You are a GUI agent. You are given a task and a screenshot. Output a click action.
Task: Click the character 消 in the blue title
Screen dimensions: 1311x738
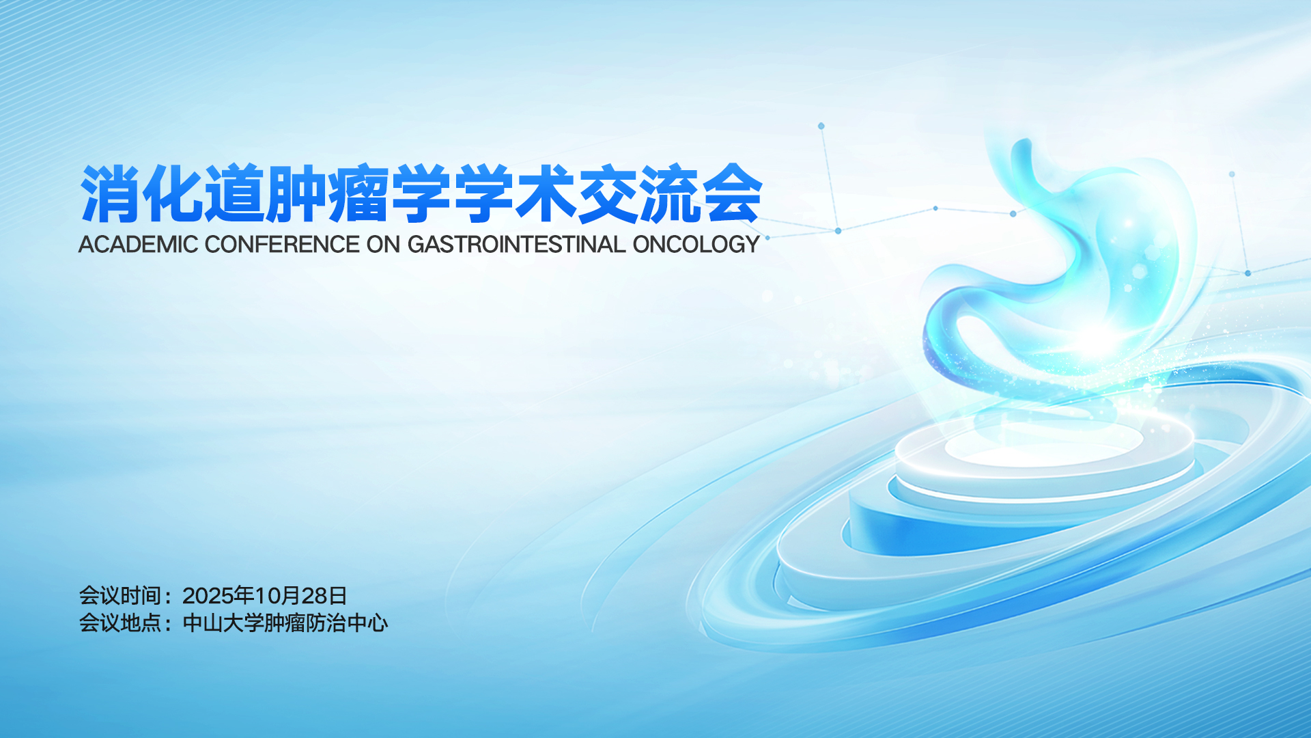coord(111,193)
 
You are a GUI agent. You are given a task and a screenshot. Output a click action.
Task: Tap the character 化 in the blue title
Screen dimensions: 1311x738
coord(172,193)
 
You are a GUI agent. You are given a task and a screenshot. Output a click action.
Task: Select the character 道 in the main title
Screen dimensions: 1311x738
coord(234,193)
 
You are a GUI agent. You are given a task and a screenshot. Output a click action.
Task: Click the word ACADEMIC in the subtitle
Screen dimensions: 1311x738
coord(138,244)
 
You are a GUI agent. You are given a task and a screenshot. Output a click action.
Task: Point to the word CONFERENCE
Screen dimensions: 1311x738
coord(282,244)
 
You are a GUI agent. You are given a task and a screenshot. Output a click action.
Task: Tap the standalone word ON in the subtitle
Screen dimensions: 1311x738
coord(383,244)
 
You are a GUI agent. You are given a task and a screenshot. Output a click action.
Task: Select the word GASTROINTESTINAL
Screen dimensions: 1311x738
coord(516,244)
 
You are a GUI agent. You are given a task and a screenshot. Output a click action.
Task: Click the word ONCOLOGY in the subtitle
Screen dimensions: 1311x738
coord(696,244)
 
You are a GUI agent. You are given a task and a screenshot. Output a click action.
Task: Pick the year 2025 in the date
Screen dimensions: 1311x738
coord(208,596)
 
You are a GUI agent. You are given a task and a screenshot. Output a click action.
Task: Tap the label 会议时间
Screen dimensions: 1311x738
coord(120,596)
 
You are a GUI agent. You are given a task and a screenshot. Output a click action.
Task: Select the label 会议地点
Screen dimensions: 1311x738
coord(120,623)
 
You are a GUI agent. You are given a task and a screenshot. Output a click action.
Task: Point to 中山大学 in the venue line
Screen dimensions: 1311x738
coord(223,623)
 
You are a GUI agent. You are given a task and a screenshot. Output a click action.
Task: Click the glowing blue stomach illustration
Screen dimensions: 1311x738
coord(1065,273)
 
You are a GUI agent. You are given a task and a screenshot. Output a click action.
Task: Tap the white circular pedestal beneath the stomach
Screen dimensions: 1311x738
coord(1045,454)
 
